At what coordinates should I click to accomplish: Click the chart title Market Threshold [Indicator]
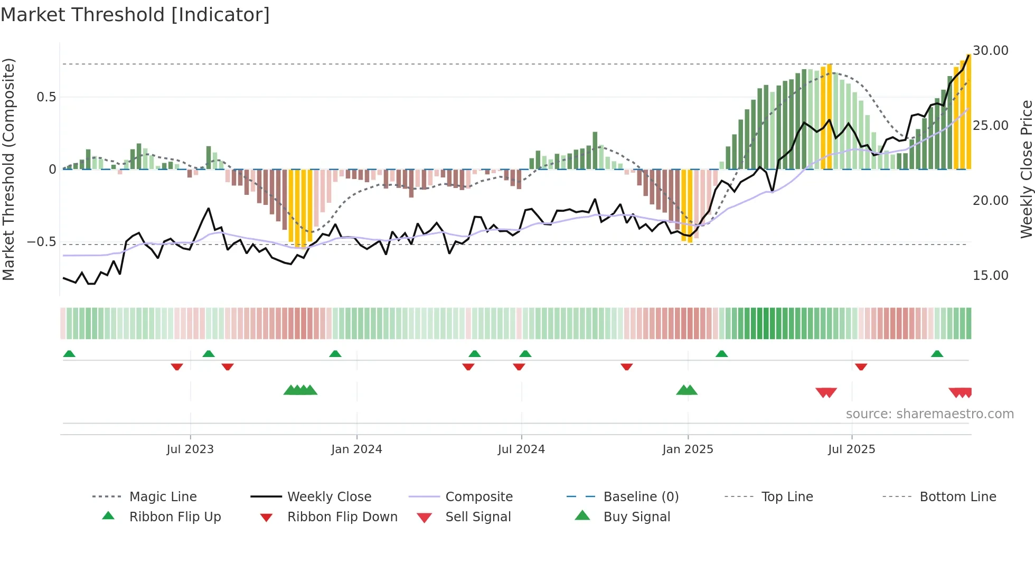(135, 15)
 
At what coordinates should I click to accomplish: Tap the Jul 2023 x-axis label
(190, 449)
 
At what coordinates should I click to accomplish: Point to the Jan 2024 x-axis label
(356, 449)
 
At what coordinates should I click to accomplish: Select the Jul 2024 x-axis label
(521, 449)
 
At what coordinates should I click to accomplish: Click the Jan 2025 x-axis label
(688, 449)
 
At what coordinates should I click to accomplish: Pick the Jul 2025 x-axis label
(851, 449)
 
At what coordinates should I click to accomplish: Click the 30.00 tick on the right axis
(991, 51)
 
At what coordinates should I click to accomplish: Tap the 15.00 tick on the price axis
(991, 276)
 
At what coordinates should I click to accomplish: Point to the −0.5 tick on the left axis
(41, 242)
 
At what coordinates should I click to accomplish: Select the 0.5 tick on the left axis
(46, 97)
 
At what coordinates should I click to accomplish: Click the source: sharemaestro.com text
(929, 414)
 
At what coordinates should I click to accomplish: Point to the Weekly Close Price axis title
(1026, 169)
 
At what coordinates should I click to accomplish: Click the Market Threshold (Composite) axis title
(8, 169)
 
